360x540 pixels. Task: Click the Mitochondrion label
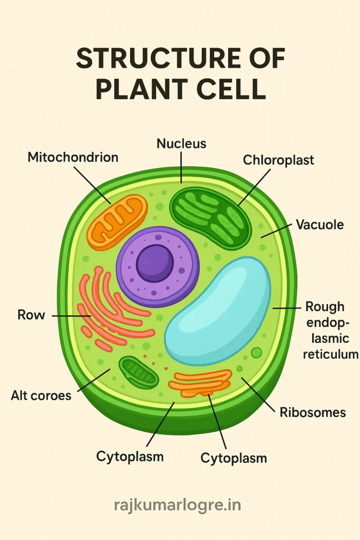[73, 157]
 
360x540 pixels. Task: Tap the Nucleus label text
[181, 143]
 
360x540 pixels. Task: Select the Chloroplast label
[278, 160]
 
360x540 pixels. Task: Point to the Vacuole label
[319, 225]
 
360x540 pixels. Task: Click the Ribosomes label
[313, 412]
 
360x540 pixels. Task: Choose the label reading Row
[31, 315]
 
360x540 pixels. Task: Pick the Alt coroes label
[41, 395]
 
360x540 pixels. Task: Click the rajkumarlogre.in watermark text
[178, 505]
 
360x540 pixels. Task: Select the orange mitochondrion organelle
[117, 221]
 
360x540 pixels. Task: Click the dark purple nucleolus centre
[155, 263]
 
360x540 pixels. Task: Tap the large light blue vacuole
[218, 311]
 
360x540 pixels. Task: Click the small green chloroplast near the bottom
[139, 372]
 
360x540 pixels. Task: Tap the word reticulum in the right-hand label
[330, 355]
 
